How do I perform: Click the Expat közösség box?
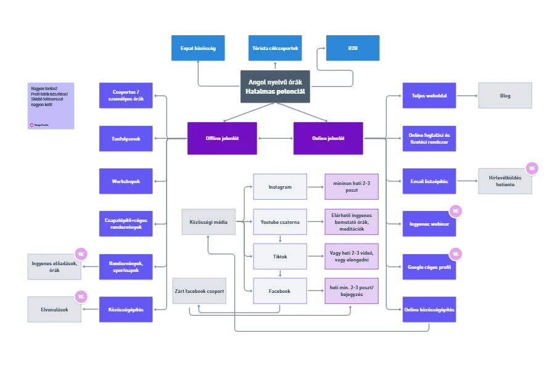(x=198, y=48)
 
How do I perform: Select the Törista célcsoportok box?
(x=276, y=48)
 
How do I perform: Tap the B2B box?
(x=353, y=48)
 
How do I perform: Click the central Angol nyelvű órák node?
(x=275, y=87)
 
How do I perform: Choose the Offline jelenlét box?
(x=223, y=138)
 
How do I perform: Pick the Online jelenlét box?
(x=328, y=138)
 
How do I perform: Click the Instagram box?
(x=280, y=187)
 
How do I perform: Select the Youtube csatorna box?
(x=280, y=222)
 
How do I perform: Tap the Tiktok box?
(x=280, y=256)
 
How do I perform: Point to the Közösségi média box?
(x=208, y=222)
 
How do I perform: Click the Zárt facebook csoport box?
(x=200, y=291)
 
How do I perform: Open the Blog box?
(x=505, y=96)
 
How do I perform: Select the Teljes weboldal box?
(x=429, y=96)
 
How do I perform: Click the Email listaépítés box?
(x=429, y=181)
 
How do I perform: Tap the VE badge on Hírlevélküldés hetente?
(x=531, y=168)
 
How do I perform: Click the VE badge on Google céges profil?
(x=456, y=253)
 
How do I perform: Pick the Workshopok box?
(x=126, y=181)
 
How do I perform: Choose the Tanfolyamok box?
(x=126, y=139)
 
